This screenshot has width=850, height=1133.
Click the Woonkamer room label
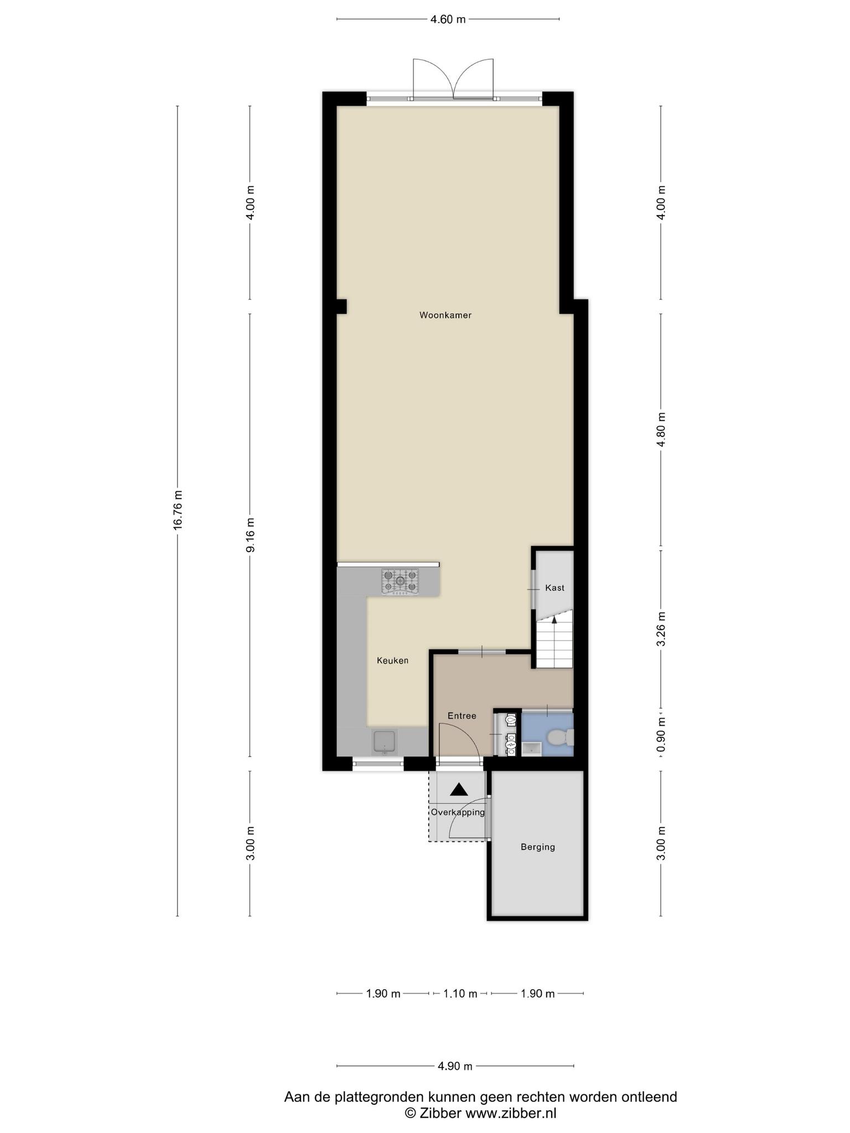click(445, 315)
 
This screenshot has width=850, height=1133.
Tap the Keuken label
click(393, 661)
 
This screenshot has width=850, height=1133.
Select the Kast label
click(554, 588)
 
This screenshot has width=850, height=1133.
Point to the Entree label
click(462, 716)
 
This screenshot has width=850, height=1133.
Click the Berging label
click(538, 847)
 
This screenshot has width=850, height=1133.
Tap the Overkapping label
click(458, 813)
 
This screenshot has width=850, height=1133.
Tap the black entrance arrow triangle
click(459, 789)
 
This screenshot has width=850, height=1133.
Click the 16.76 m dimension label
click(178, 510)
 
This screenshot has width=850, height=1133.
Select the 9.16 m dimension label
click(251, 535)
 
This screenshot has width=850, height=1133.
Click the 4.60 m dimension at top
click(448, 19)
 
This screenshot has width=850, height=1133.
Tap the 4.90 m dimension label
click(455, 1066)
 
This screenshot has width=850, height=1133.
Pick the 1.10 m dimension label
click(460, 994)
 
